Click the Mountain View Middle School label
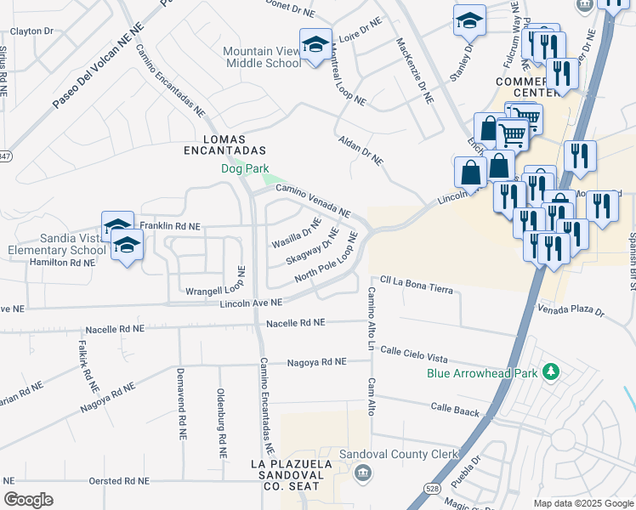(x=262, y=57)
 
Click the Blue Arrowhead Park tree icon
(x=551, y=371)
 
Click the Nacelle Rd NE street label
(x=295, y=323)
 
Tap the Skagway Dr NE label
(x=312, y=246)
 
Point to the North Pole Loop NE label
(x=324, y=267)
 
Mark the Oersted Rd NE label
(x=124, y=481)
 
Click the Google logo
(x=29, y=500)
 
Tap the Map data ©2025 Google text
(x=582, y=503)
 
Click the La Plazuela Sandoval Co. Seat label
(x=285, y=475)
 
